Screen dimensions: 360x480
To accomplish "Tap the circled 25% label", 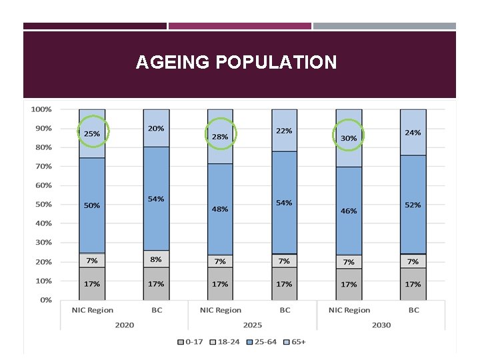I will [92, 134].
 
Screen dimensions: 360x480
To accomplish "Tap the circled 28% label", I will [220, 137].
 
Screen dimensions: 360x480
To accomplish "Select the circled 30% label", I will [349, 138].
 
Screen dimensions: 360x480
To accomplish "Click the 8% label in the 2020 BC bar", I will [156, 259].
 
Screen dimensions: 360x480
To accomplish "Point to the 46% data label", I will [349, 211].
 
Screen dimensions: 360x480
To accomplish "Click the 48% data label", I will [220, 209].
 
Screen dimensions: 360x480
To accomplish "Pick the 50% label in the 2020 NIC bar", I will [92, 205].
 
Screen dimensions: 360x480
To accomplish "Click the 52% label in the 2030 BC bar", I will [413, 205].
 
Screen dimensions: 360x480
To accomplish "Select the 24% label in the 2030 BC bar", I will [413, 133].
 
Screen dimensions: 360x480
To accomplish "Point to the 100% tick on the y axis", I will [42, 109].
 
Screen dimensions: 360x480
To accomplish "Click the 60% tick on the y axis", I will [44, 185].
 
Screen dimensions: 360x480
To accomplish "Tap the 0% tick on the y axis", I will [46, 300].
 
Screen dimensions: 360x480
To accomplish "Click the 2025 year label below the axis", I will [253, 325].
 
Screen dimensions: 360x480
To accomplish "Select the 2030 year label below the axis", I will [381, 325].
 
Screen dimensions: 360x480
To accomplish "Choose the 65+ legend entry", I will [298, 341].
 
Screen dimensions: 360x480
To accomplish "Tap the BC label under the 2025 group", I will [285, 310].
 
